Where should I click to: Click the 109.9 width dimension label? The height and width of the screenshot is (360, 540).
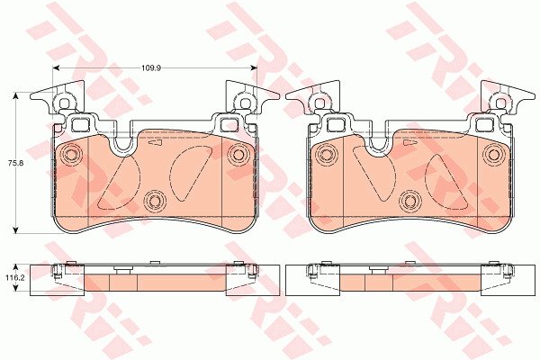point(151,67)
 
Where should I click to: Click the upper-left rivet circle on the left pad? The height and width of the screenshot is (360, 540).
point(71,154)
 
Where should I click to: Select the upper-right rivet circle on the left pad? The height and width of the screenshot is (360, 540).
point(238,154)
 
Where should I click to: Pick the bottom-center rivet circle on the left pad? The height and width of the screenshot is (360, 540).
point(154,200)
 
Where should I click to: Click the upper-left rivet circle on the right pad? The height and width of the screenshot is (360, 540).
point(327,154)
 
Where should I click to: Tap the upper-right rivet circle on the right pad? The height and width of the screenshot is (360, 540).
point(493,154)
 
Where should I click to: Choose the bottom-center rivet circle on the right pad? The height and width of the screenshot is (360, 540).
point(409,200)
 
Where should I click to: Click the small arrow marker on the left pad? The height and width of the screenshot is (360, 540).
point(155,142)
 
